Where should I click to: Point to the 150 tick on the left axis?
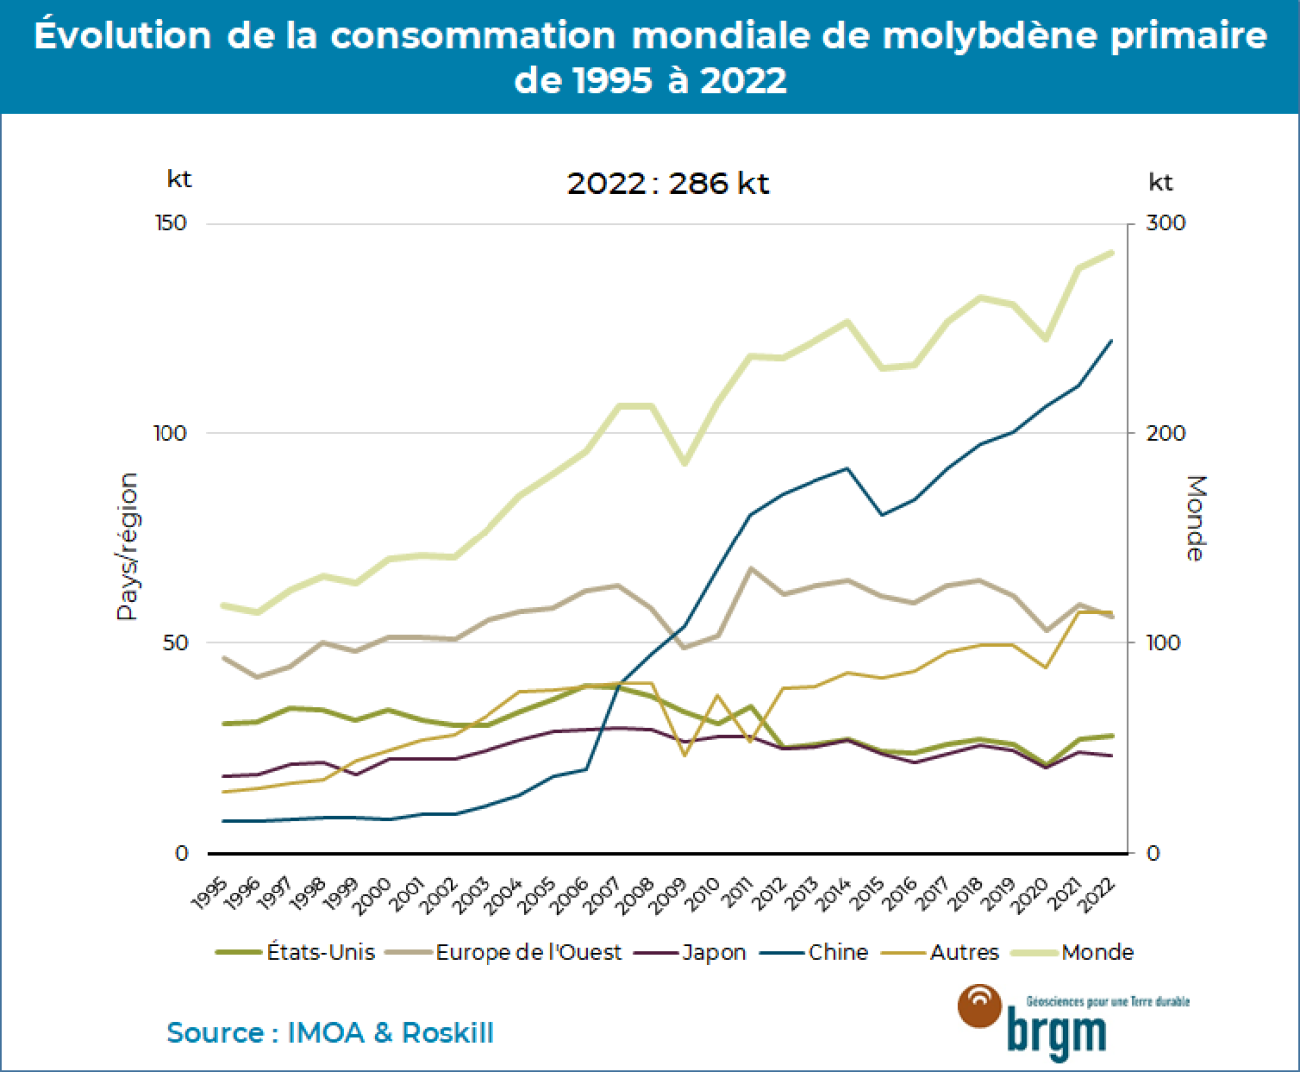[171, 223]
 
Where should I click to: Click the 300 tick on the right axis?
[1165, 223]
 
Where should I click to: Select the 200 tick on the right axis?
[1165, 433]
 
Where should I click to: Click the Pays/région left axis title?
[127, 546]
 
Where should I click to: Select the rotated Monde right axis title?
[1195, 519]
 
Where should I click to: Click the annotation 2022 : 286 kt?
[668, 183]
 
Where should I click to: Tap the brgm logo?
[1057, 1021]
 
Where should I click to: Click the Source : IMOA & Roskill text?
[330, 1033]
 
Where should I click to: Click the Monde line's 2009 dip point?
[685, 464]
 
